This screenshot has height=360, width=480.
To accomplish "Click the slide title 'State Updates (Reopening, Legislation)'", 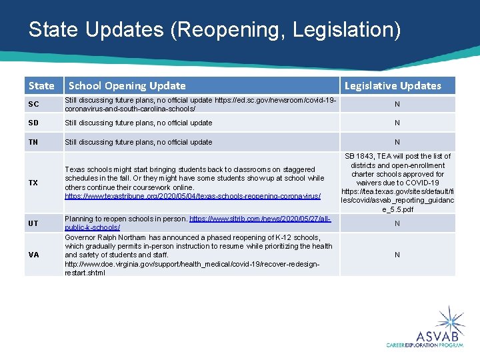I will coord(215,30).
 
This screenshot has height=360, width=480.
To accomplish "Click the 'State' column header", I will coord(41,85).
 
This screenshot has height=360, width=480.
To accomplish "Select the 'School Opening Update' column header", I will coord(127,85).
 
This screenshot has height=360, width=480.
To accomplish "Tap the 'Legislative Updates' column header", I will coord(393,85).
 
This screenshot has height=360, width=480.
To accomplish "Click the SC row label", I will coord(33,105).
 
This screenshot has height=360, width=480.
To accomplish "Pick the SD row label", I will coord(33,123).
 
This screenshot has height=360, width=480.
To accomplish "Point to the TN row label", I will coord(33,142).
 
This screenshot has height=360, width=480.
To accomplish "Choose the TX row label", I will coord(33,183).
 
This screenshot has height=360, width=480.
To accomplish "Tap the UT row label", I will coord(33,223).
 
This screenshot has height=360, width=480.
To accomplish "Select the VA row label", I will coord(33,255).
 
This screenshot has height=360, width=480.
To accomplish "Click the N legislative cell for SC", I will coord(397,105).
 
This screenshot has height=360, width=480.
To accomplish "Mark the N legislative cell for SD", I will coord(397,123).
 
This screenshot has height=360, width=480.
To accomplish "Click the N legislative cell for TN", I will coord(397,142).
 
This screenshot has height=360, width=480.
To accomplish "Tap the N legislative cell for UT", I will coord(397,223).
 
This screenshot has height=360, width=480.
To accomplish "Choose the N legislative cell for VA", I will coord(397,255).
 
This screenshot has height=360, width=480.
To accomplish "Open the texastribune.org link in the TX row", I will coord(193,197).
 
